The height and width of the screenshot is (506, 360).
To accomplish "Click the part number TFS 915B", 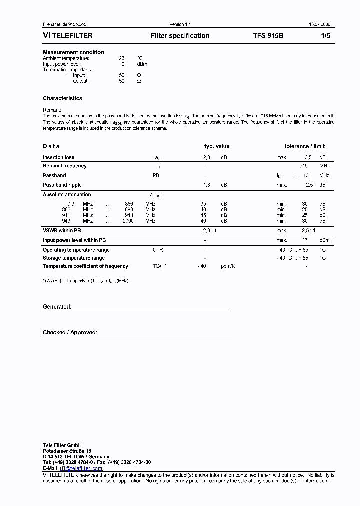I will click(268, 36).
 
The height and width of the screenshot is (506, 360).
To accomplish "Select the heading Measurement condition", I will click(73, 52).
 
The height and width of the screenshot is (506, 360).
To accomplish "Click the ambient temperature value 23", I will click(121, 58).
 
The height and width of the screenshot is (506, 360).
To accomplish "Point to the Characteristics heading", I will click(62, 98).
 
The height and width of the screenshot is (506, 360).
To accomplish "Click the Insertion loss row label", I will click(58, 157).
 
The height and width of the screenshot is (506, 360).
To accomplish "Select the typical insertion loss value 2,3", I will click(207, 157).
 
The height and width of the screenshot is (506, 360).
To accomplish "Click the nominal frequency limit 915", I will click(303, 165).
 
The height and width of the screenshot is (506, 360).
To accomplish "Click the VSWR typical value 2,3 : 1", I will click(210, 230).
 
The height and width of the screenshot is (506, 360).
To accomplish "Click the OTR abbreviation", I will click(158, 250).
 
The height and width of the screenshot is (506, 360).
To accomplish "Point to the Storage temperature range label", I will click(74, 258).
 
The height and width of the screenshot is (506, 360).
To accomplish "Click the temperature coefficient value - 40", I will click(202, 266).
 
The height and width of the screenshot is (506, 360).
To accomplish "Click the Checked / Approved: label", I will click(70, 332).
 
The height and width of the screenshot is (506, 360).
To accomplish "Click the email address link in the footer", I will click(81, 468).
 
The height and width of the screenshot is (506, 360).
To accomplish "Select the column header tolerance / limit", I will click(304, 146).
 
